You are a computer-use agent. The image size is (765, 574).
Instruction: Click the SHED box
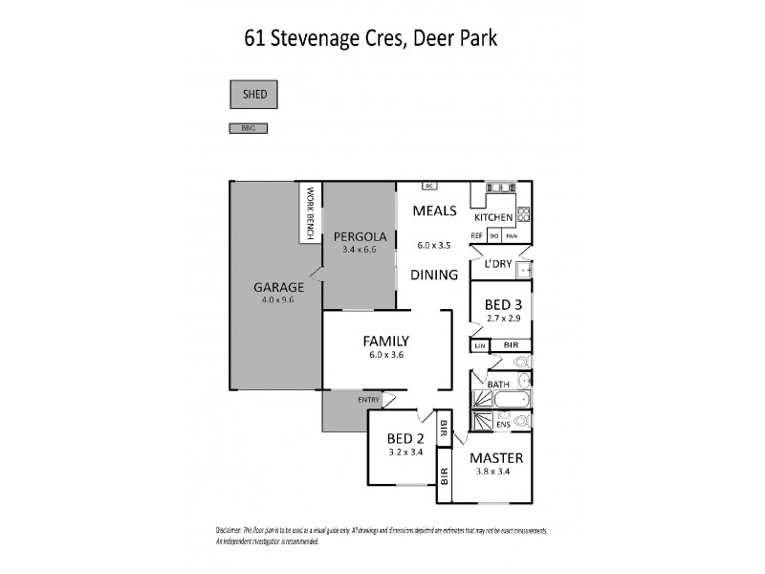254,94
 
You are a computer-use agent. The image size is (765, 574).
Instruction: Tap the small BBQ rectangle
247,127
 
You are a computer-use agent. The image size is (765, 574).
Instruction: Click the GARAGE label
278,286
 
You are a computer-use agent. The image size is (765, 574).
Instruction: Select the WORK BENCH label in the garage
310,212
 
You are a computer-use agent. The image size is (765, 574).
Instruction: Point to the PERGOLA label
360,236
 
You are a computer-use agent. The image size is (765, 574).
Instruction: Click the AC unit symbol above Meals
430,186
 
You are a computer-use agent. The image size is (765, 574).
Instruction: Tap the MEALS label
433,211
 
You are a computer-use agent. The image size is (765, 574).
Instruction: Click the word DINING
433,275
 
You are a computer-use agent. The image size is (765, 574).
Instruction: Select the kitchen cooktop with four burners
523,213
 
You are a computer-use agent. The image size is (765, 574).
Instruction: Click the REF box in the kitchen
476,235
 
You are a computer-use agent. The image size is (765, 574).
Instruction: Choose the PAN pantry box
512,235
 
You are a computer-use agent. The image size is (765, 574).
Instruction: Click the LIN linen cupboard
479,345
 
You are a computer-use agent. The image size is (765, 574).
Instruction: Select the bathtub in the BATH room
503,399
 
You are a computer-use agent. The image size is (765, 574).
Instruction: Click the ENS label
503,422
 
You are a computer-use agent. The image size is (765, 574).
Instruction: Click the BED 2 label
404,439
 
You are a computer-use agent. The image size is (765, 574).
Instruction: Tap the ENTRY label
368,399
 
